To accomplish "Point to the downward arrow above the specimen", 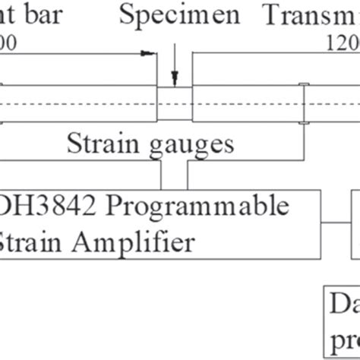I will click(x=175, y=76).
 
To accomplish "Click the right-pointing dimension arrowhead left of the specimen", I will click(x=149, y=53).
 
